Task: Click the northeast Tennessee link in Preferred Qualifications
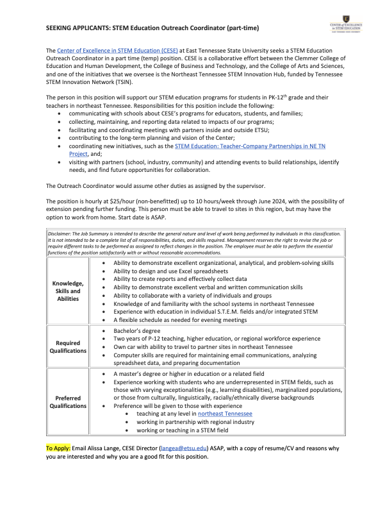pyautogui.click(x=225, y=414)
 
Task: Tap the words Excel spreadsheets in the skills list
pyautogui.click(x=200, y=271)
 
